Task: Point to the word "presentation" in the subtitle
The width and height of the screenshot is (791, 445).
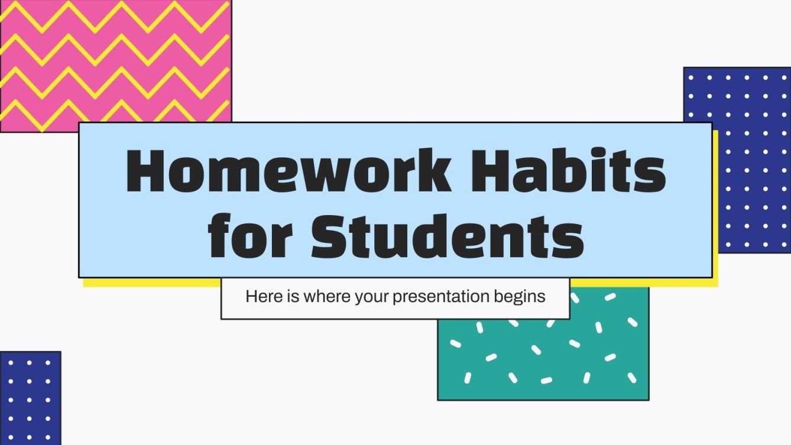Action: [441, 296]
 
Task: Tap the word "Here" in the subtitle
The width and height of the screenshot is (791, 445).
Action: [260, 296]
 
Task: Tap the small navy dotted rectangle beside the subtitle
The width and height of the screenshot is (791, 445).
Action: [30, 397]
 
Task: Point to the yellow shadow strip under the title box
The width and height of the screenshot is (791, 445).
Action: [148, 282]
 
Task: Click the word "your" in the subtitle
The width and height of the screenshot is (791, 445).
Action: [371, 297]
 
